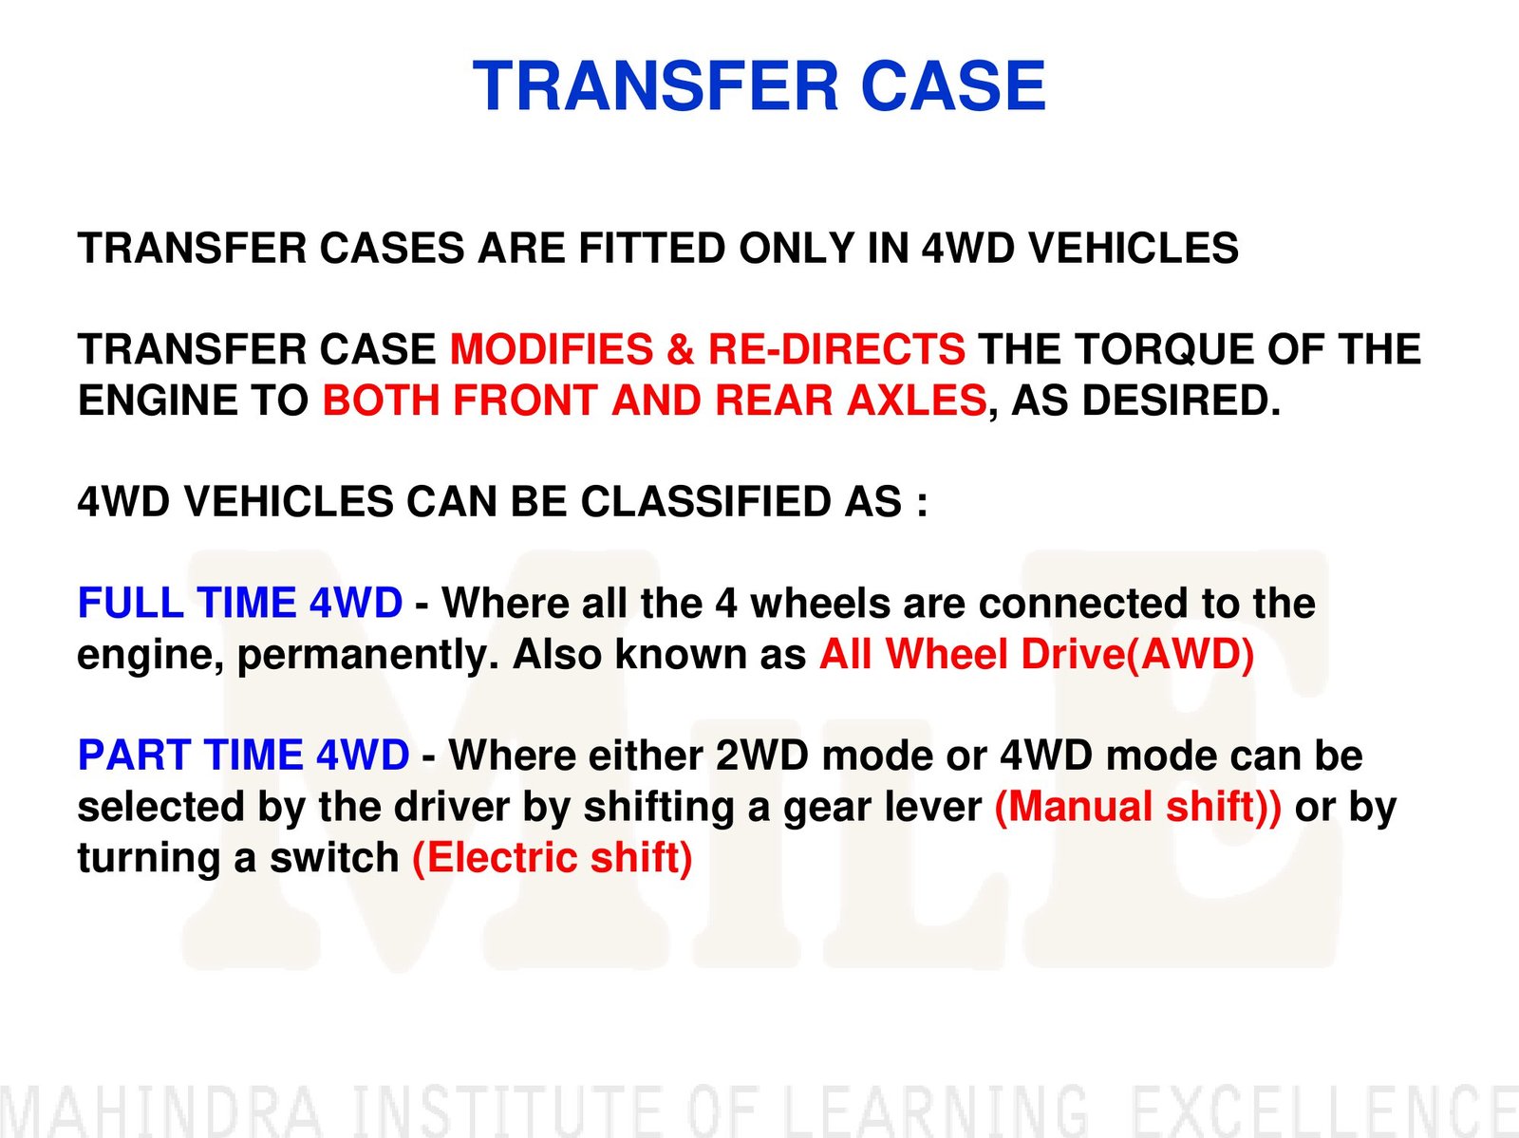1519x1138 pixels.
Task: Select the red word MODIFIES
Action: (x=551, y=348)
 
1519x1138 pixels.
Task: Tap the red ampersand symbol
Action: (x=681, y=348)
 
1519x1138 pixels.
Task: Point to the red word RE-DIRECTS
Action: (x=836, y=348)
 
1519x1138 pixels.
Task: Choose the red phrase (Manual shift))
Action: (x=1137, y=807)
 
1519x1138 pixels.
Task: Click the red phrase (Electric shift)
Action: (x=553, y=858)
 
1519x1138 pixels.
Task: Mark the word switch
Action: (x=334, y=858)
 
